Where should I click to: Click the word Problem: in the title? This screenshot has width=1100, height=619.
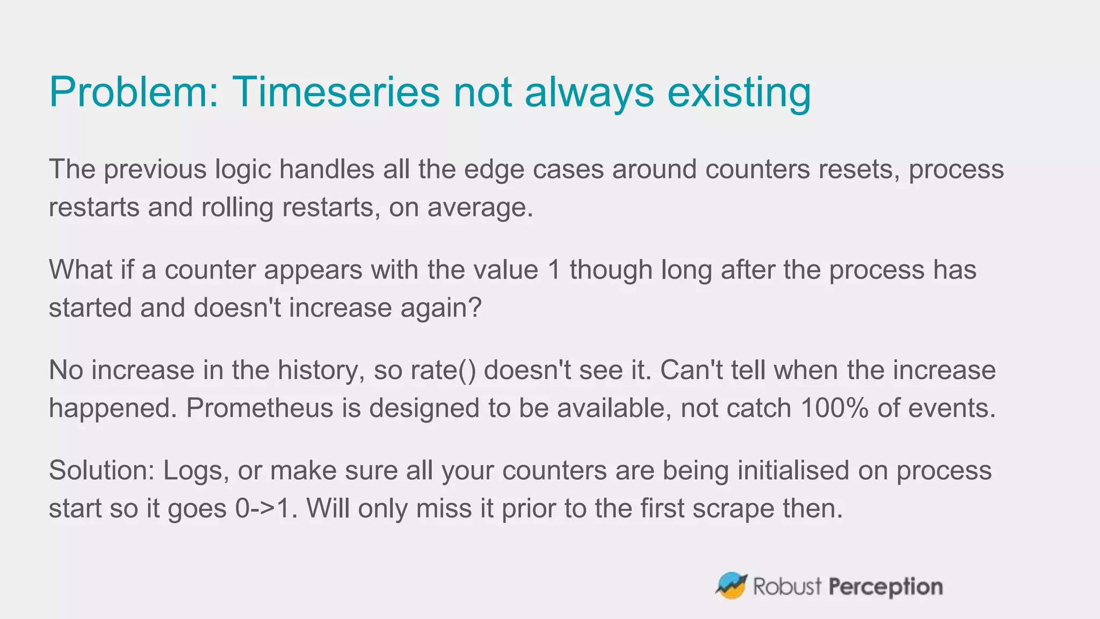point(134,92)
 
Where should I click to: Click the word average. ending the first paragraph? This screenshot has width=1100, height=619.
point(480,208)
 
